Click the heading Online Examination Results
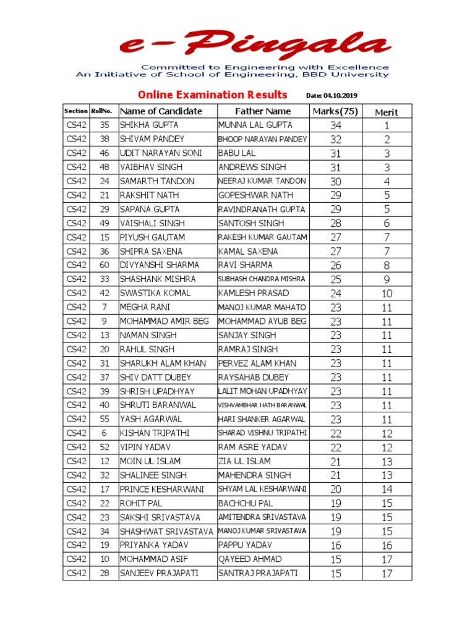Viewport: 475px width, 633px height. coord(212,95)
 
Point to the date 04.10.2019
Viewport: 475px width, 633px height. coord(332,96)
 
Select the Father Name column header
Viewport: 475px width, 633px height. coord(263,111)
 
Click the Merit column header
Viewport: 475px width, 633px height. coord(387,112)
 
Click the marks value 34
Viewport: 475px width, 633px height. coord(336,125)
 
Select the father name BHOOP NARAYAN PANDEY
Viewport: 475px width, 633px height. coord(263,139)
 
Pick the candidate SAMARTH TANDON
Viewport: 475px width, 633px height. coord(157,181)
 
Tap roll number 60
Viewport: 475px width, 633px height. coord(105,265)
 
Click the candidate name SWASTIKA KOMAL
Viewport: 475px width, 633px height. coord(155,293)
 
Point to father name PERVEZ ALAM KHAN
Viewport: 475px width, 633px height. coord(257,363)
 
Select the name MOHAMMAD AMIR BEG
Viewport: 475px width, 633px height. coord(165,321)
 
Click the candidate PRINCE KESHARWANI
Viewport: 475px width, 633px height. coord(161,489)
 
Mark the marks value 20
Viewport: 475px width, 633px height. coord(336,490)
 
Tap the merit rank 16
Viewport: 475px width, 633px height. coord(387,546)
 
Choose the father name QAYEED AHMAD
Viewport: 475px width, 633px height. coord(250,559)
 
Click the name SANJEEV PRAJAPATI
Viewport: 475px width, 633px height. coord(159,573)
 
